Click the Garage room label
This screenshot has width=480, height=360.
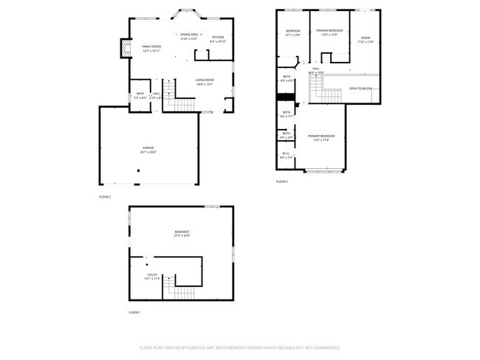point(148,150)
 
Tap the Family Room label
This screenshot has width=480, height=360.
point(151,48)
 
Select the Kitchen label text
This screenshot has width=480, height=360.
point(218,39)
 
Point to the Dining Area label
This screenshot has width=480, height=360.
point(189,36)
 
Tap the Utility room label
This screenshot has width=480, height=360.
point(151,277)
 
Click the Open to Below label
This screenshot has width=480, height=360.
point(360,89)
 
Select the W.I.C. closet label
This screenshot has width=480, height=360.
point(287,156)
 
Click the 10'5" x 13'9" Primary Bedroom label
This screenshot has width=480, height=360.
point(329,32)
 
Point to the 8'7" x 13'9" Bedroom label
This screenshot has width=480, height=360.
point(293,32)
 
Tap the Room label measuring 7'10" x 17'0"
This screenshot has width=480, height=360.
point(366,40)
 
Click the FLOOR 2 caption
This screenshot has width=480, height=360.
point(104,197)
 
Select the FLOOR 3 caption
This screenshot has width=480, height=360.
point(281,181)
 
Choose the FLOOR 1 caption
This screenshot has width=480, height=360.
point(134,313)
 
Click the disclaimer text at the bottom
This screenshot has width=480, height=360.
point(239,347)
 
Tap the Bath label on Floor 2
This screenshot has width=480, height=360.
point(140,94)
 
